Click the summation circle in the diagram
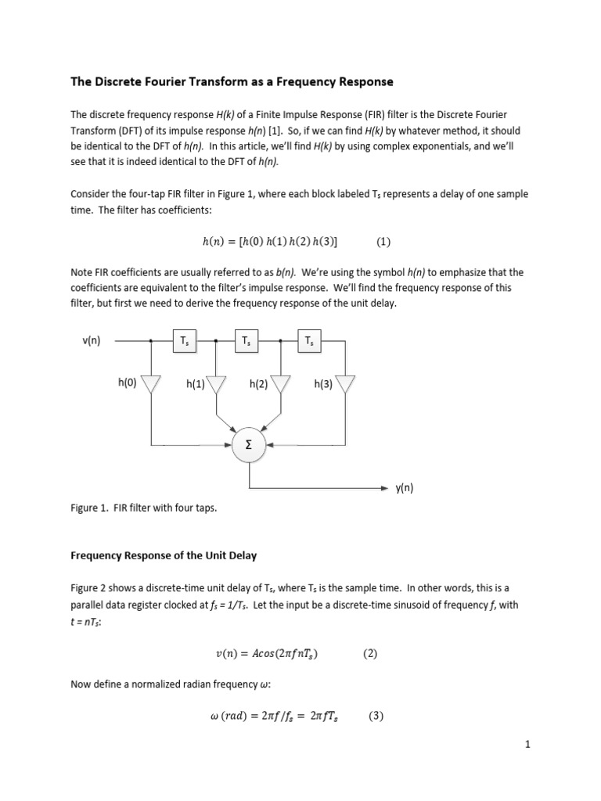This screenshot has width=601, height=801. (x=248, y=444)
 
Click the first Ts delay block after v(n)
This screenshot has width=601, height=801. (x=184, y=340)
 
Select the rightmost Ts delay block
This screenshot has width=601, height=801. (x=311, y=340)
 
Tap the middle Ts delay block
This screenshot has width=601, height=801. (x=247, y=340)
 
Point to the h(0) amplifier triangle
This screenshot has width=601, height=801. (x=150, y=383)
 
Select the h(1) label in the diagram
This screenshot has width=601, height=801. (x=196, y=384)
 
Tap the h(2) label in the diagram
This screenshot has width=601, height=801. (x=259, y=384)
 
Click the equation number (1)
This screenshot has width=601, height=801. (x=383, y=242)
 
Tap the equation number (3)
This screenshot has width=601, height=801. (x=376, y=715)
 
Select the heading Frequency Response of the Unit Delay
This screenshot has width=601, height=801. (x=164, y=555)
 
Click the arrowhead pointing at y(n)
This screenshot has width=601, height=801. (x=383, y=488)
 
